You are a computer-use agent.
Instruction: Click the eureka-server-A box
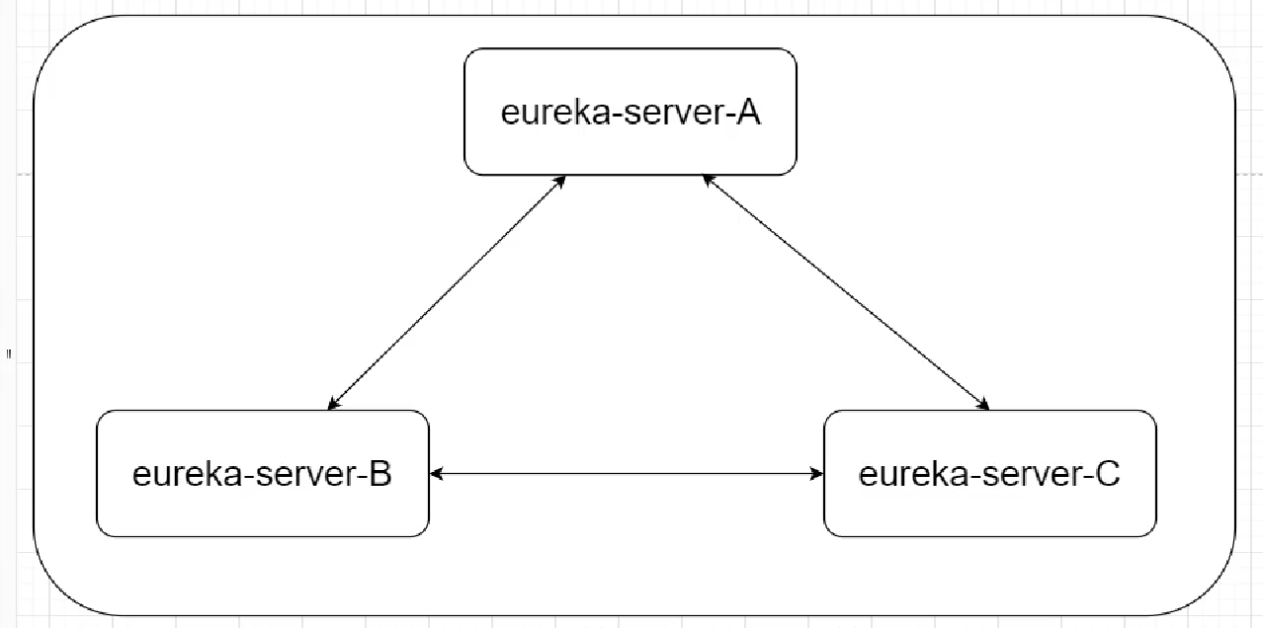[631, 148]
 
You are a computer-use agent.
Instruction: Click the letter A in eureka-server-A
[747, 113]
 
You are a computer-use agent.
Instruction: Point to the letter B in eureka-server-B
[380, 475]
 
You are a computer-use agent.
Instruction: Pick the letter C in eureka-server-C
[1107, 475]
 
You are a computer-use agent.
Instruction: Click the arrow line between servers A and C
[845, 292]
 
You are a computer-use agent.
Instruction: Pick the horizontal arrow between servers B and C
[627, 475]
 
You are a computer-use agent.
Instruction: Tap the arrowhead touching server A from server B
[560, 181]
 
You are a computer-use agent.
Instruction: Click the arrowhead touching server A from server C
[706, 181]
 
